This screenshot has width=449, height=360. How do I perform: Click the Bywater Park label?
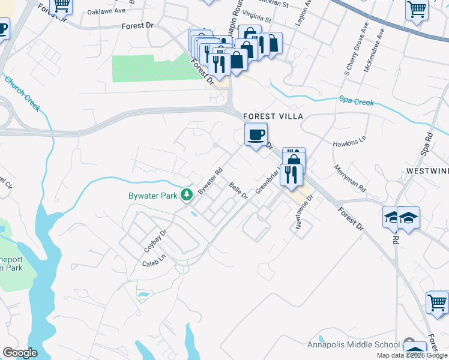(x=154, y=196)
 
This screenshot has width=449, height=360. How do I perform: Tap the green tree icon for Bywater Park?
(x=187, y=194)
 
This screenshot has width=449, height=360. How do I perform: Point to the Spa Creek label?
(x=357, y=101)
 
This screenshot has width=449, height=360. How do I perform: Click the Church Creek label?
(x=22, y=93)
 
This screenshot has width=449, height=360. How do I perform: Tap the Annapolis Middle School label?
(x=353, y=344)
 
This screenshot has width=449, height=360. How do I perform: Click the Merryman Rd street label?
(x=350, y=178)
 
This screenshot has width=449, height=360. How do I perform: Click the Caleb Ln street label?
(x=153, y=263)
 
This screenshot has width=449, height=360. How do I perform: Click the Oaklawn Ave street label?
(x=106, y=11)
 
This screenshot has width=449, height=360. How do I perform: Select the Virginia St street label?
(x=256, y=19)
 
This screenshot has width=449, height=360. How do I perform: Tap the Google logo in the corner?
(x=20, y=352)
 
